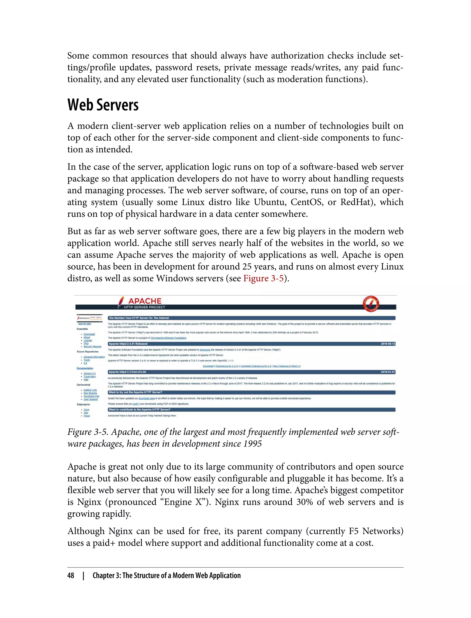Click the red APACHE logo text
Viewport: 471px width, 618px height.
pos(145,301)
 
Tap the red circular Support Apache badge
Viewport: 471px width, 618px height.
pos(371,304)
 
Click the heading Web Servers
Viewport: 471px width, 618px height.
pos(103,105)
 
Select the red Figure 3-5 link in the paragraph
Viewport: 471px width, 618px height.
pos(263,278)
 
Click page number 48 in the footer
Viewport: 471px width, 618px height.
pos(71,575)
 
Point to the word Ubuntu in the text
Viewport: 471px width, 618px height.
pos(270,202)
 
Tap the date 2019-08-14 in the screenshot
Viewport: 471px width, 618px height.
pos(388,344)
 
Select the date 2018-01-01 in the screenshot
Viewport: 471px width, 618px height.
pos(388,372)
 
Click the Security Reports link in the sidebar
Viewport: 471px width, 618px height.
pos(92,346)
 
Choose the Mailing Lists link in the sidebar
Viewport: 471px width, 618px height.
pos(90,390)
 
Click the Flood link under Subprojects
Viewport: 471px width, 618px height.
pos(87,416)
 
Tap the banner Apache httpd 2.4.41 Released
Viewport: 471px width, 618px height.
pos(128,344)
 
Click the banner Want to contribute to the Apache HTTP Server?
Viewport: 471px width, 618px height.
pos(139,409)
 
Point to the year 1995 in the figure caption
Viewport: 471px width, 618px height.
pos(252,444)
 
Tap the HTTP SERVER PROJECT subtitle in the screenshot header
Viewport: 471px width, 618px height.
pos(144,307)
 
